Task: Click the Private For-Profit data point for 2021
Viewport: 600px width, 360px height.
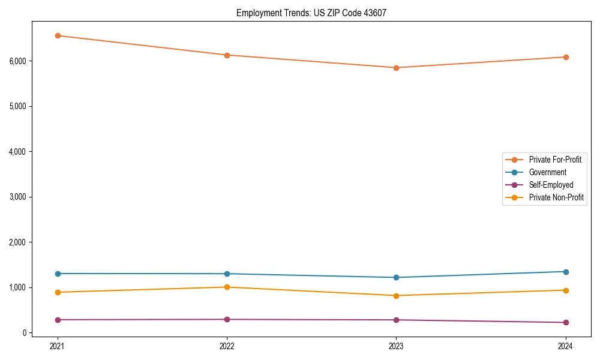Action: pos(58,35)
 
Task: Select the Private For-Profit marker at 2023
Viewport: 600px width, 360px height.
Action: pos(396,68)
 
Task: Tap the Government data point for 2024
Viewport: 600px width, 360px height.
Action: pos(565,272)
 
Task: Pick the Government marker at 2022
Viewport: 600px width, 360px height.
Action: pos(227,274)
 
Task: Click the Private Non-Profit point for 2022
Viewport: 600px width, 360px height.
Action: pos(227,287)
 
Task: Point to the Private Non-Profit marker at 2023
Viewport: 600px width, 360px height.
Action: pos(396,296)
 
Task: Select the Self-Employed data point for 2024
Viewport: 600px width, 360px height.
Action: pos(565,322)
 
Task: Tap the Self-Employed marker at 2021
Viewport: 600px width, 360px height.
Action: pos(58,320)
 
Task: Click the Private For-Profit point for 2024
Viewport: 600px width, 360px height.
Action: pos(565,57)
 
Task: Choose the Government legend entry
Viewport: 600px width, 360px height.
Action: pos(547,172)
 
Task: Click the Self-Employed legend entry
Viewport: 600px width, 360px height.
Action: pos(551,185)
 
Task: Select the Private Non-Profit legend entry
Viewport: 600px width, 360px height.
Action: pos(556,197)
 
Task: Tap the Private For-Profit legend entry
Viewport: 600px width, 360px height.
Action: pos(554,160)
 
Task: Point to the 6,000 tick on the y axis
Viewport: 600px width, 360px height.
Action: pos(18,61)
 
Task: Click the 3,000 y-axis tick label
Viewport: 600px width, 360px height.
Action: pos(18,197)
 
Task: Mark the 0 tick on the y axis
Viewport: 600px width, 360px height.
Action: pos(25,332)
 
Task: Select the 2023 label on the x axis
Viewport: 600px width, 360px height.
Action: pos(396,346)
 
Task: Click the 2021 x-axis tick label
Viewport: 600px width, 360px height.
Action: pos(58,346)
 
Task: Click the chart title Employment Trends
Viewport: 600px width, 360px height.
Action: pos(273,13)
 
